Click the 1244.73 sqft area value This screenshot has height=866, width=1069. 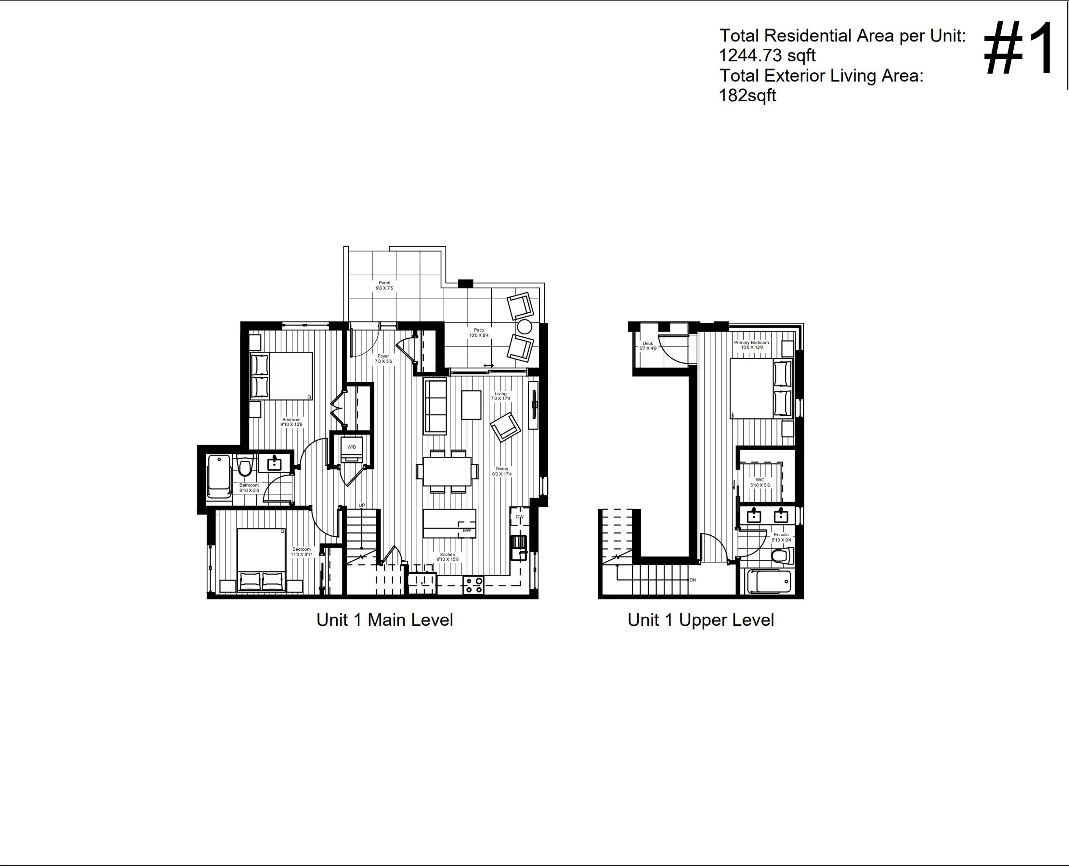tap(767, 55)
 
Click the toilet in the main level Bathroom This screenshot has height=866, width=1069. tap(244, 466)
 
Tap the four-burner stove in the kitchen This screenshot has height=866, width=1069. tap(473, 585)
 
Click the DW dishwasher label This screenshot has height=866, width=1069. tap(519, 517)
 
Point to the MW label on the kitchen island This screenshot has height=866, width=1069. tap(467, 530)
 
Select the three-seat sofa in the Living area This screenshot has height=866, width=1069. tap(435, 407)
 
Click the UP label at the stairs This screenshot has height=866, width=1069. tap(362, 505)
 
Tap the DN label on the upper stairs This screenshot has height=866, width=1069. tap(693, 580)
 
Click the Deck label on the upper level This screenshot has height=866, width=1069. tap(648, 344)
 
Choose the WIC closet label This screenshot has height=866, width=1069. tap(760, 480)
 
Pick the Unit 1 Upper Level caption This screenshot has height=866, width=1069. tap(700, 620)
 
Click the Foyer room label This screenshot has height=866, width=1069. tap(383, 356)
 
